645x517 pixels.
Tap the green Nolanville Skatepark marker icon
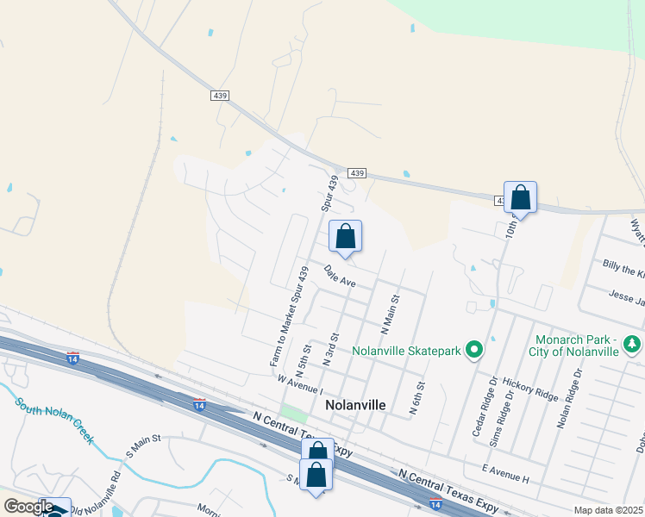click(x=473, y=350)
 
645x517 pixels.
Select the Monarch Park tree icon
click(x=633, y=345)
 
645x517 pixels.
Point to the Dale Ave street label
click(x=340, y=276)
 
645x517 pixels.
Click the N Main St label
click(x=391, y=315)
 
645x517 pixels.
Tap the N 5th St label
click(x=302, y=364)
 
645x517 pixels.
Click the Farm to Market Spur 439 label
click(x=289, y=317)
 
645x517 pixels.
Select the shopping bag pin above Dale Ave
click(x=345, y=236)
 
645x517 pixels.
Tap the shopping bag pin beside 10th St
click(x=521, y=197)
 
